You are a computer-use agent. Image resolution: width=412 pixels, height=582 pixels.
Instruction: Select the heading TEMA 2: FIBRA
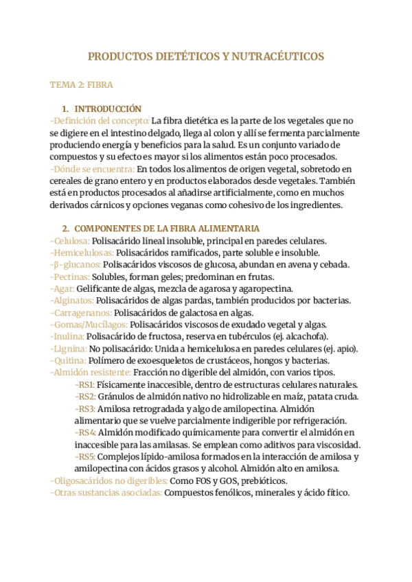pyautogui.click(x=82, y=85)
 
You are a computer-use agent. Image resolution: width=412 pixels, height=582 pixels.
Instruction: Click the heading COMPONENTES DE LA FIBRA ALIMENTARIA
pyautogui.click(x=166, y=229)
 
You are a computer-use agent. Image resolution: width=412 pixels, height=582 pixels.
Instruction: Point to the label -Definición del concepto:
pyautogui.click(x=100, y=121)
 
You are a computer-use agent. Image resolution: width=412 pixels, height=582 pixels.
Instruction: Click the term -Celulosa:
pyautogui.click(x=69, y=241)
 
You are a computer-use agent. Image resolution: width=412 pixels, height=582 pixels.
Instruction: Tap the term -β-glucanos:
pyautogui.click(x=75, y=265)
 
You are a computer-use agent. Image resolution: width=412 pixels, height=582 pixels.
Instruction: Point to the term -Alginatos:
pyautogui.click(x=72, y=301)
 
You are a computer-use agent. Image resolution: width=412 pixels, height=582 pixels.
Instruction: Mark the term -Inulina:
pyautogui.click(x=67, y=337)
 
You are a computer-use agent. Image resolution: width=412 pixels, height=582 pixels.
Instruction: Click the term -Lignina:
pyautogui.click(x=68, y=349)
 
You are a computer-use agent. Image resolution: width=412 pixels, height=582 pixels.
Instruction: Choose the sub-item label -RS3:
pyautogui.click(x=85, y=409)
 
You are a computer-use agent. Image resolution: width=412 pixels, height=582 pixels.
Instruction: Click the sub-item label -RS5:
pyautogui.click(x=85, y=457)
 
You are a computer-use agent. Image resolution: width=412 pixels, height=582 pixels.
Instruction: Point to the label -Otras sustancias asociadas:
pyautogui.click(x=106, y=493)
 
